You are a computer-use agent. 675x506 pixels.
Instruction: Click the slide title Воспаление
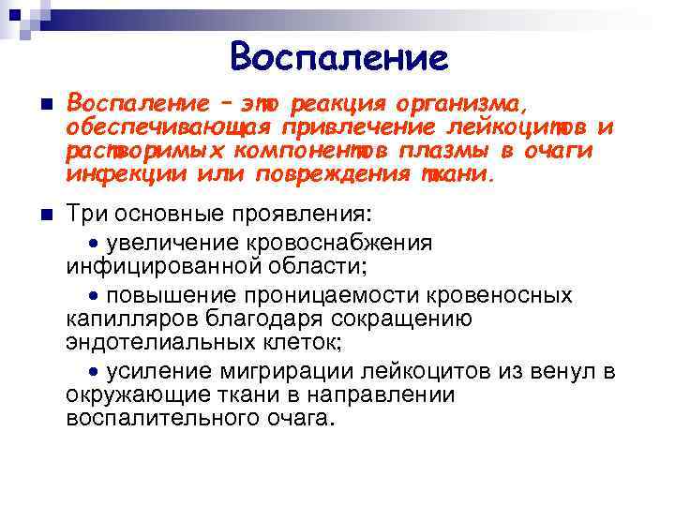338,57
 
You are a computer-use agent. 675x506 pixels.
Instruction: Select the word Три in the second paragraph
86,217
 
